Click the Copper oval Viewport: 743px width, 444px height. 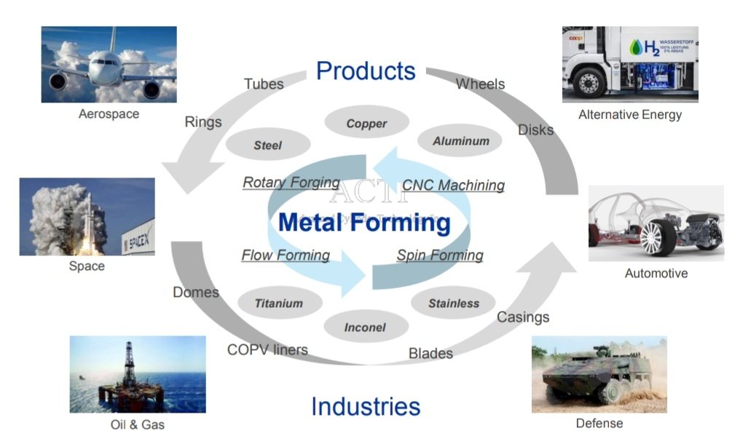(x=366, y=123)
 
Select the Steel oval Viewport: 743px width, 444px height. (x=267, y=145)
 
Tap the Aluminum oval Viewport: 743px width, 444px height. (x=461, y=141)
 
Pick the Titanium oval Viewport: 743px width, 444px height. (x=278, y=303)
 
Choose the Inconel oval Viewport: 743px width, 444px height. (x=365, y=328)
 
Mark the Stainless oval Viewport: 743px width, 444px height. (x=454, y=303)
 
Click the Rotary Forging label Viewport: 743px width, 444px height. (x=291, y=182)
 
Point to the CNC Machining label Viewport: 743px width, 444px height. (x=453, y=185)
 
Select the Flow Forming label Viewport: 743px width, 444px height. (x=286, y=255)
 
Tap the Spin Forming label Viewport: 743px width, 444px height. (x=440, y=255)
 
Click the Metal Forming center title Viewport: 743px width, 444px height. (x=364, y=221)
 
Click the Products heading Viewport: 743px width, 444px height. (x=366, y=71)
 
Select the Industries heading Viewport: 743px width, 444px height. (x=366, y=406)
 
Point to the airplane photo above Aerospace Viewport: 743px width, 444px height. (x=109, y=64)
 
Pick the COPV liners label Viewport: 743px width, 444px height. (x=267, y=349)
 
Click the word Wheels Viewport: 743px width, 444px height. (x=480, y=84)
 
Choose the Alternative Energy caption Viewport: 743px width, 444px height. (x=630, y=114)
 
